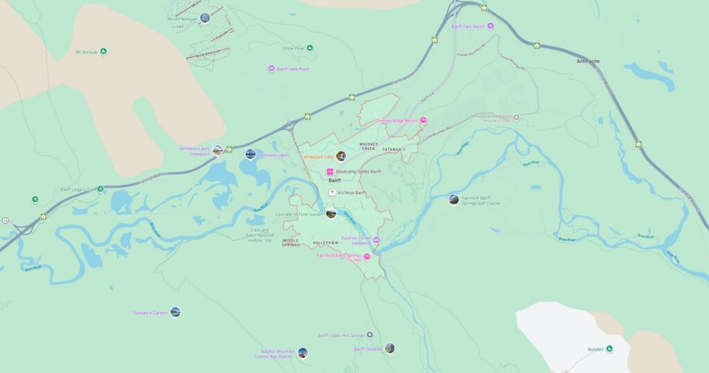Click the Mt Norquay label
click(86, 52)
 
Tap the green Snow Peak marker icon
click(309, 48)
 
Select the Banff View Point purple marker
click(271, 69)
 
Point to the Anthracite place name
click(588, 61)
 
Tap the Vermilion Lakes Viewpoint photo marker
click(218, 150)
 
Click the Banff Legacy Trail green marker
click(100, 189)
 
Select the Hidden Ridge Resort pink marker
click(423, 120)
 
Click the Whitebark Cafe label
click(318, 157)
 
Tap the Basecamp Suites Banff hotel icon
click(330, 171)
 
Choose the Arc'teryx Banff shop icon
click(332, 192)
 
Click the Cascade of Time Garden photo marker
click(331, 214)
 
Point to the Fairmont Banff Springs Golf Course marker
click(454, 200)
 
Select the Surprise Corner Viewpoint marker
click(377, 241)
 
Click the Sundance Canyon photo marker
click(175, 312)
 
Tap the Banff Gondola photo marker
click(390, 348)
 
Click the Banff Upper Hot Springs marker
click(370, 335)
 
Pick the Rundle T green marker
click(609, 349)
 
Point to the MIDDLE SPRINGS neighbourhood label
click(291, 243)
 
